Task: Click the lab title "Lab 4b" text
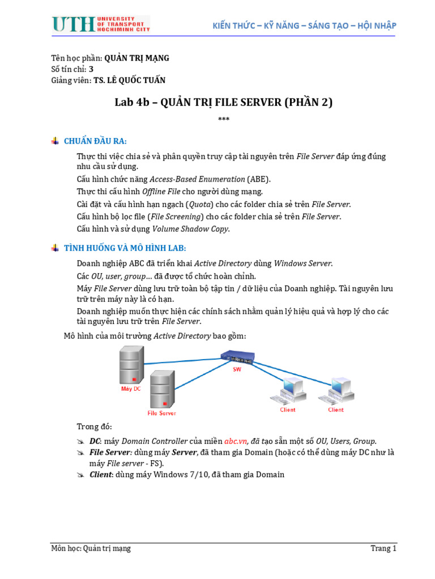pyautogui.click(x=131, y=102)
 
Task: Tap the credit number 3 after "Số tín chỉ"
pyautogui.click(x=91, y=69)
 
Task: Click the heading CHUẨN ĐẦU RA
pyautogui.click(x=95, y=141)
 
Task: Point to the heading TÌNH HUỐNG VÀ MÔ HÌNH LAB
pyautogui.click(x=125, y=248)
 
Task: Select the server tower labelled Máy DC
pyautogui.click(x=130, y=366)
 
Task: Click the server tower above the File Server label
pyautogui.click(x=162, y=388)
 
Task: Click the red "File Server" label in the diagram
pyautogui.click(x=162, y=413)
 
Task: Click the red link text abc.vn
pyautogui.click(x=236, y=441)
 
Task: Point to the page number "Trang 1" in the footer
pyautogui.click(x=383, y=548)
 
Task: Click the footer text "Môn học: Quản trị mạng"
pyautogui.click(x=91, y=548)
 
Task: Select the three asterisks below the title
pyautogui.click(x=224, y=119)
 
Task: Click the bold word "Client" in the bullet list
pyautogui.click(x=101, y=474)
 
